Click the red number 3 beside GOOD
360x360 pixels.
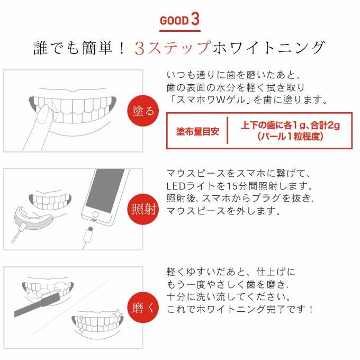point(195,19)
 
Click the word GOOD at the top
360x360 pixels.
point(174,21)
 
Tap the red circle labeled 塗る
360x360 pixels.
point(143,111)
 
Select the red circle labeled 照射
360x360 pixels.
point(143,209)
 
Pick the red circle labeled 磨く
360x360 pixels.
point(143,308)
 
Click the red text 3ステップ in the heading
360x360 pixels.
point(173,48)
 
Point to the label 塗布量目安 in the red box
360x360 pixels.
point(197,131)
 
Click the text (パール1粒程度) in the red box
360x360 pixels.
point(290,137)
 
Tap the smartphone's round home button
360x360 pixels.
point(95,215)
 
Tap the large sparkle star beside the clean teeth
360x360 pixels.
point(118,313)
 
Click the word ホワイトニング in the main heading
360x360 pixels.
point(268,48)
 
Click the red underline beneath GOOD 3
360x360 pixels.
point(180,31)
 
